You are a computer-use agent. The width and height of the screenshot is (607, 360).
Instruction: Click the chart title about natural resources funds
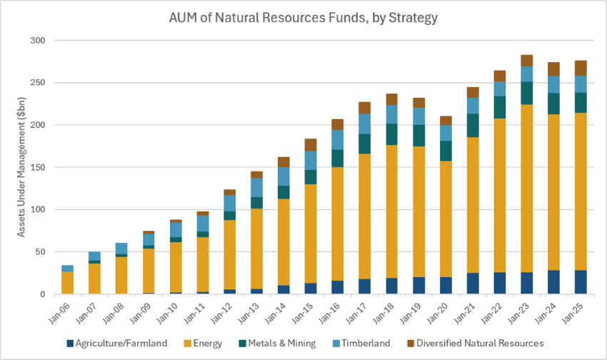pos(303,17)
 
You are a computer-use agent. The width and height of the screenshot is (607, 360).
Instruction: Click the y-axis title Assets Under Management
pos(21,167)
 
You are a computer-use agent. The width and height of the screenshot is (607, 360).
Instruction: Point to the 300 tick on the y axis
pos(38,40)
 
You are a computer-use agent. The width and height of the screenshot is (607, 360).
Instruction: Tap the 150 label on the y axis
pos(38,167)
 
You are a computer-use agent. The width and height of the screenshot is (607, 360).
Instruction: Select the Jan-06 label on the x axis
pos(59,313)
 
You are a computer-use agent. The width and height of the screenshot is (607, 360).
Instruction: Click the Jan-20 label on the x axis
pos(438,313)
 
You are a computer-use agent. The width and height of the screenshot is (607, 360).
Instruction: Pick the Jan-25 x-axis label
pos(573,313)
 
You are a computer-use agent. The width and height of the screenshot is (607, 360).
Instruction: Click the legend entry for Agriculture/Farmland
pos(117,344)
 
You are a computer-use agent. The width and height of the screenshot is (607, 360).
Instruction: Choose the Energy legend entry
pos(203,344)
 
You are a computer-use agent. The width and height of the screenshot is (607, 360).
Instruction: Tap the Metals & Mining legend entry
pos(277,344)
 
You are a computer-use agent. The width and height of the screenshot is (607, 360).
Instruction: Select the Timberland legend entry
pos(361,344)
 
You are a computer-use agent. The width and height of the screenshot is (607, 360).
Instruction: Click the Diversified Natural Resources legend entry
pos(476,344)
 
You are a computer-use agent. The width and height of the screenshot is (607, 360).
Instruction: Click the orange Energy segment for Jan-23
pos(526,189)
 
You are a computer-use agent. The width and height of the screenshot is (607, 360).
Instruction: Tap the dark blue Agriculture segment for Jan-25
pos(581,282)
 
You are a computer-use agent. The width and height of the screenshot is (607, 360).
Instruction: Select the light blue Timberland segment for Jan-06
pos(67,269)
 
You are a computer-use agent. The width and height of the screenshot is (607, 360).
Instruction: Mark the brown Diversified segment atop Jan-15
pos(311,145)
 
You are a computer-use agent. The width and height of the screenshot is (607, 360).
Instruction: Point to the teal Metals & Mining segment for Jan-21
pos(473,126)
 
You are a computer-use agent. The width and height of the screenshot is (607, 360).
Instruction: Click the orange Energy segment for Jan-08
pos(121,276)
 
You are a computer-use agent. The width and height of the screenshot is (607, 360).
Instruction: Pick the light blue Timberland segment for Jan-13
pos(256,188)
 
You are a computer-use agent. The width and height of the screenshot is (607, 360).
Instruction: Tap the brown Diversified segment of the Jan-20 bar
pos(446,121)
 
